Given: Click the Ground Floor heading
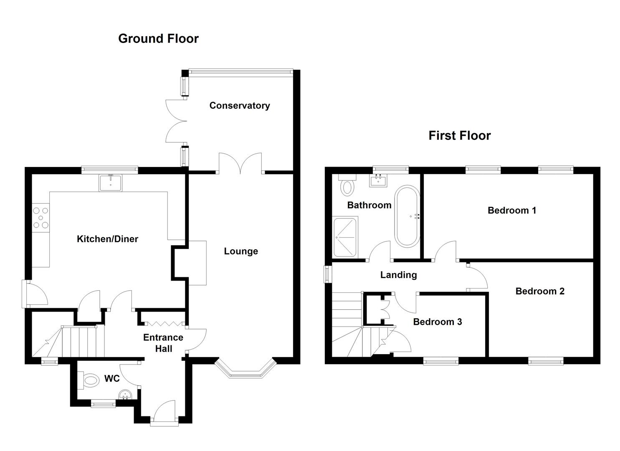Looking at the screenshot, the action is point(158,38).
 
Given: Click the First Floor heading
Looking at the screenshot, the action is point(459,135).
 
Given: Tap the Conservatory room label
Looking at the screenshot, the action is point(239,105).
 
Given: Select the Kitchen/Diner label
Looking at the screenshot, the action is point(107,239).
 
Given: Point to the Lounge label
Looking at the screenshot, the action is point(241,251).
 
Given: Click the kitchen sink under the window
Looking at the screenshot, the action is point(110,183).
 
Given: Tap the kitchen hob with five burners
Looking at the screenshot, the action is point(41,218).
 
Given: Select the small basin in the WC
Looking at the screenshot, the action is point(125,395).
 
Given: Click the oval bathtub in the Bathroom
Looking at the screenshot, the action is point(407,216).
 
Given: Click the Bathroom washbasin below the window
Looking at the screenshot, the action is point(378,180).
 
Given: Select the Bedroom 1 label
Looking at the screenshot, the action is point(511,210).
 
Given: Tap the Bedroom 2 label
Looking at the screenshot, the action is point(539,291).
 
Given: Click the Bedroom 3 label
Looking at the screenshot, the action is point(437,322).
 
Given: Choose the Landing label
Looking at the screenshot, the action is point(398,275).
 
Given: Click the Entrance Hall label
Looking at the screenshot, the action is point(163,343).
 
